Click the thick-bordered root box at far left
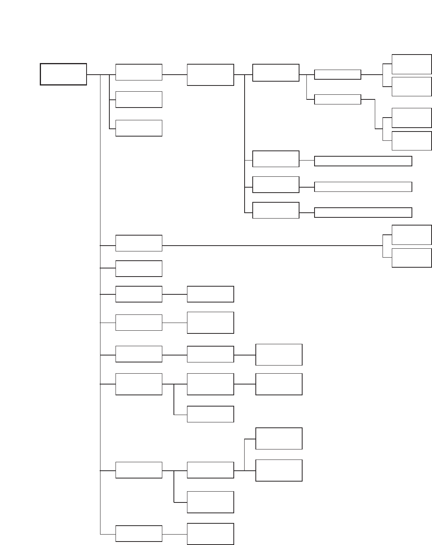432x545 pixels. (63, 74)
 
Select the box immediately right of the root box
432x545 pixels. (139, 72)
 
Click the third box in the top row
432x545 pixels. (210, 75)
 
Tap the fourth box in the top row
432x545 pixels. (276, 73)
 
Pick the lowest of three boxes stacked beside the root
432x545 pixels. (139, 128)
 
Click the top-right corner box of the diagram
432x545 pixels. (412, 64)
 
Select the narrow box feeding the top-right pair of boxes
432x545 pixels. (337, 75)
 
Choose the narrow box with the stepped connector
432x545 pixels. (337, 99)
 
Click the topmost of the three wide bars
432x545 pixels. (363, 161)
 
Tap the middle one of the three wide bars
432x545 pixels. (363, 187)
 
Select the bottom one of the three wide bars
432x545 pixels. (363, 212)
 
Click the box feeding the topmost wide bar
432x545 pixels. (276, 159)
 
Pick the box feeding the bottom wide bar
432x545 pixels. (276, 210)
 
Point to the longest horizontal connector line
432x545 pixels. (270, 245)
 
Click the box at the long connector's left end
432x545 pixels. (139, 243)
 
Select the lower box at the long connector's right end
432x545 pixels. (412, 258)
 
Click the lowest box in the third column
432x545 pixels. (210, 534)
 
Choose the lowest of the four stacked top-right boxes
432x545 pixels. (412, 141)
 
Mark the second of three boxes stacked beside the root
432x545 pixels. (139, 99)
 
